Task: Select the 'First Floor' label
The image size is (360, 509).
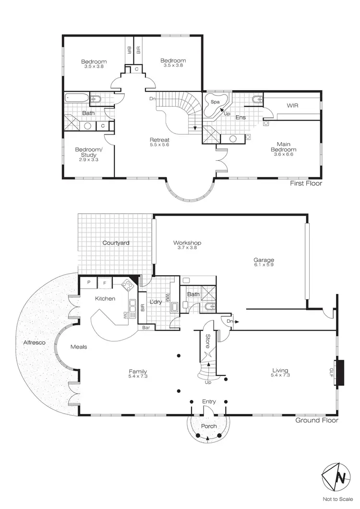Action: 306,183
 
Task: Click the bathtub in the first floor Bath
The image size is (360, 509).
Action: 76,98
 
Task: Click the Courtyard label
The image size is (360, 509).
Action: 116,243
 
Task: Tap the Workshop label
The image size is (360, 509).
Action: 187,243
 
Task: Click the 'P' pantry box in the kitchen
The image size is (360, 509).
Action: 89,283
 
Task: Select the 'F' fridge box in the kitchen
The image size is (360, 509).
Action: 105,283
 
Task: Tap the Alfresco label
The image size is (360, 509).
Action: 33,343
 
